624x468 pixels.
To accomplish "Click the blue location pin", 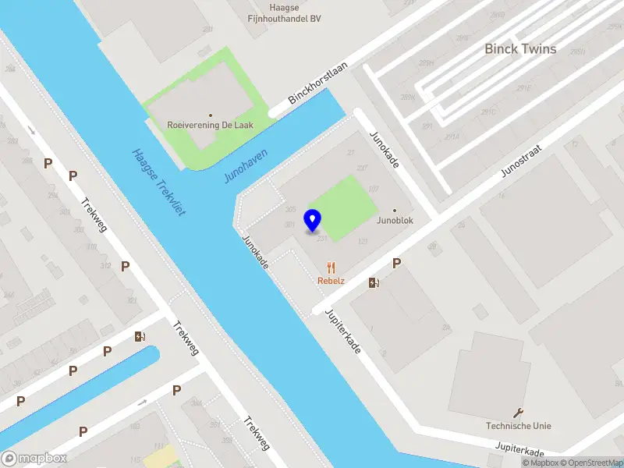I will tap(313, 220).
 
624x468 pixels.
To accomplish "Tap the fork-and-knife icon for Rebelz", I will tap(331, 267).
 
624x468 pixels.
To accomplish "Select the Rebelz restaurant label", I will tap(331, 280).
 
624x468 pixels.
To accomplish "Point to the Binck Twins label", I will tap(520, 49).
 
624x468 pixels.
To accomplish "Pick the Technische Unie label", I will tap(518, 426).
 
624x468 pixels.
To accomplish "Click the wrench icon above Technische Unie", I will tap(518, 413).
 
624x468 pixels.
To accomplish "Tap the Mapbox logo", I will tap(34, 459).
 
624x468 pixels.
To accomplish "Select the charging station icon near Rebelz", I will tap(374, 282).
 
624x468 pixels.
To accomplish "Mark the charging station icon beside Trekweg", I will tap(140, 337).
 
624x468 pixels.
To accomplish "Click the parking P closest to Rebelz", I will tap(396, 264).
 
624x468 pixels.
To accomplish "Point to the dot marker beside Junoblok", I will tap(394, 210).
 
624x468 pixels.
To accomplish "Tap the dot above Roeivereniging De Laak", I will tap(210, 115).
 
